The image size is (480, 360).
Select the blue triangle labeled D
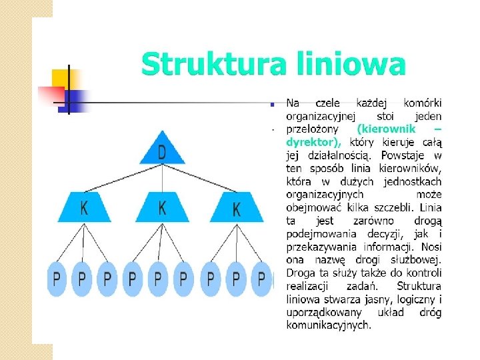(162, 150)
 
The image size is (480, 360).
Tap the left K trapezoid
(84, 207)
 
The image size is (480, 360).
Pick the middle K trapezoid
(162, 207)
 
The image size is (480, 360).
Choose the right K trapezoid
(237, 207)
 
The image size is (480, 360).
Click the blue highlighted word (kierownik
(387, 128)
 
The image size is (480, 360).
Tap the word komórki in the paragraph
(423, 103)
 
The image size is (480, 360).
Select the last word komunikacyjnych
(329, 325)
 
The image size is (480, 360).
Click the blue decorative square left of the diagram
(75, 101)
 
